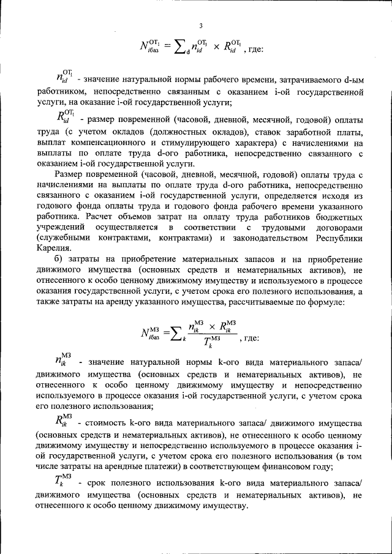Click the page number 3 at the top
pyautogui.click(x=200, y=25)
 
